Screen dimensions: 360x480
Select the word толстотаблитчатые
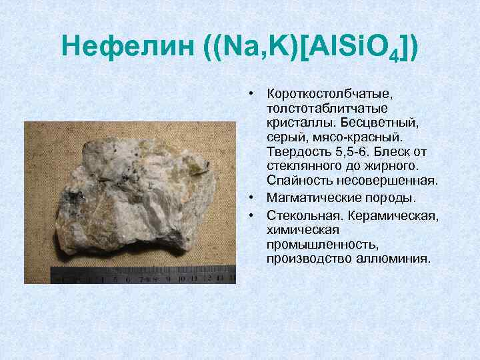(x=318, y=109)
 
